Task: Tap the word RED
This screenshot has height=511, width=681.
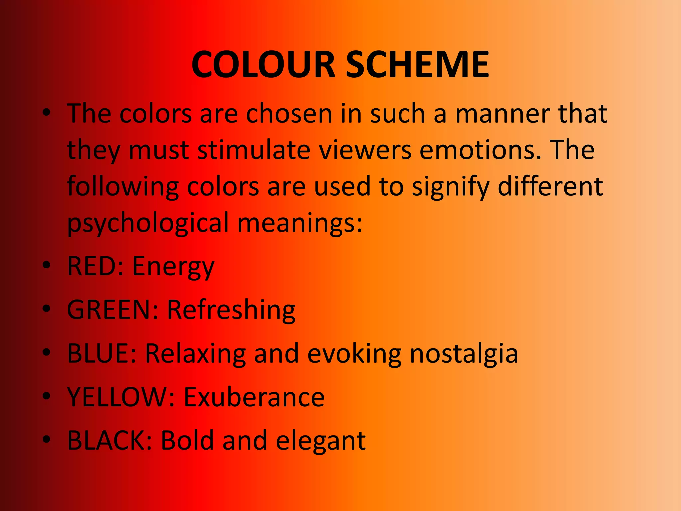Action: (93, 266)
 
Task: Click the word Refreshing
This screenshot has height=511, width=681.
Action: (231, 311)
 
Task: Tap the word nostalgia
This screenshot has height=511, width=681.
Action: (464, 355)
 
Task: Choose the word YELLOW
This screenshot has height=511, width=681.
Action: (118, 397)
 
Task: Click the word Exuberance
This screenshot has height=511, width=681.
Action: (254, 397)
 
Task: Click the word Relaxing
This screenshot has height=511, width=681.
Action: (196, 355)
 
